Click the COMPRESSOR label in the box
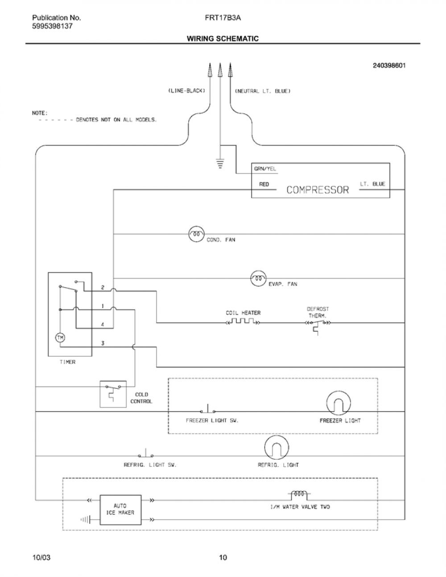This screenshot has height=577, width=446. (318, 190)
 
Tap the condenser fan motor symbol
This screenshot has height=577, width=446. (196, 234)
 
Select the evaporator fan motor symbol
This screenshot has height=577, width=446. (258, 278)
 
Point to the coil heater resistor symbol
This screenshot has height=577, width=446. (243, 322)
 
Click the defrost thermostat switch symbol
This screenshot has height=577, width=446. (318, 325)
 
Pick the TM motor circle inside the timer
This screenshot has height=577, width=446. (60, 338)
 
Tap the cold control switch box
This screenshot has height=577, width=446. (113, 394)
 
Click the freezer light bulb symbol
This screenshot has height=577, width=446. (338, 403)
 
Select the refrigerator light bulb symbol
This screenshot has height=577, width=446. (277, 448)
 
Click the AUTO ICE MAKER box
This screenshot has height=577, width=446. (120, 510)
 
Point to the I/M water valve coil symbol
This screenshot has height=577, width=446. (299, 495)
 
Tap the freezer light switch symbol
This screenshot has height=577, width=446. (208, 409)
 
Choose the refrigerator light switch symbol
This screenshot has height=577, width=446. (146, 453)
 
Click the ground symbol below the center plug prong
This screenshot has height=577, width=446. (220, 164)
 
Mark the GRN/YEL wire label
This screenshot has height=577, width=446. (265, 169)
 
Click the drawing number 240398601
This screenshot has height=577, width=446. (389, 66)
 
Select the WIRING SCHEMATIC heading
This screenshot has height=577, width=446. (223, 38)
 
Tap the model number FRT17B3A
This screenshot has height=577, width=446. (223, 18)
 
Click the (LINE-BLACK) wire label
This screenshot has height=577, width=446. (186, 91)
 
